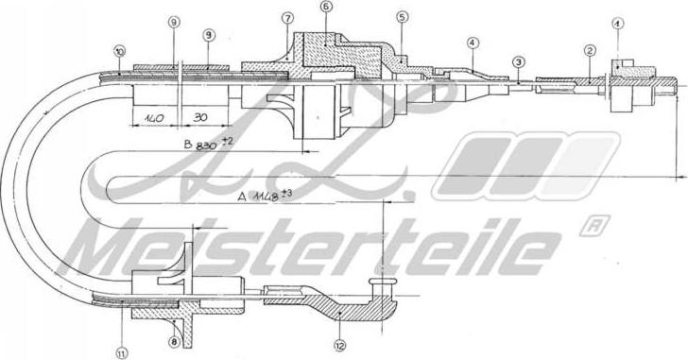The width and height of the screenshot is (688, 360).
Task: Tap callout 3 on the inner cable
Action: point(518,61)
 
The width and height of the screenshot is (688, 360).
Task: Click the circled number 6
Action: point(326,7)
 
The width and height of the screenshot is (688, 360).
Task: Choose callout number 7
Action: point(287,18)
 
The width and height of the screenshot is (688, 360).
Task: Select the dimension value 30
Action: point(199,120)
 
